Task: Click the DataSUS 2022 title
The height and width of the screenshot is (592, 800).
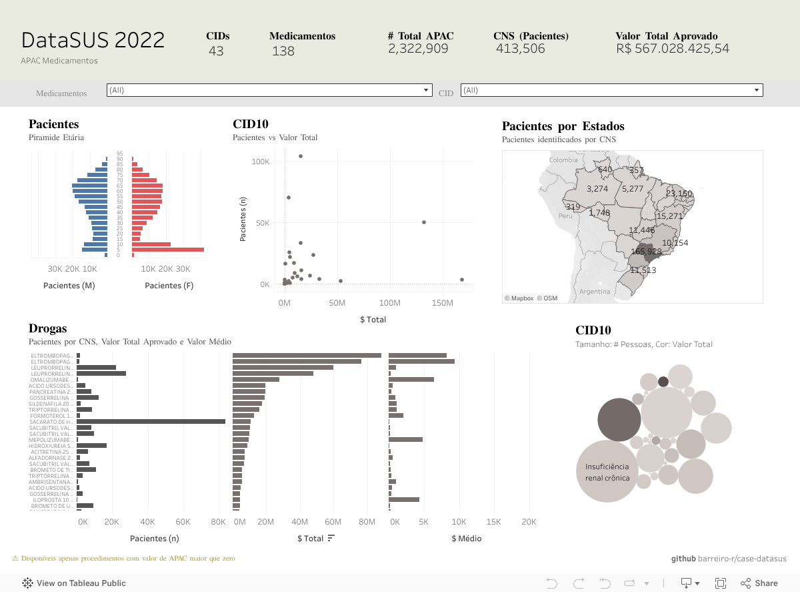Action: click(x=93, y=40)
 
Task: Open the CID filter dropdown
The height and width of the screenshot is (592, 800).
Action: click(x=611, y=90)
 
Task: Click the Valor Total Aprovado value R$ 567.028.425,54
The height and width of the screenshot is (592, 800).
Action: click(x=673, y=49)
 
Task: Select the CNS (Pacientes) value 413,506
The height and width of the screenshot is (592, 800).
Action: click(x=520, y=49)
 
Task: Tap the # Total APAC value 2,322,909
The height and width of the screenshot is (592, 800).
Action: click(x=418, y=49)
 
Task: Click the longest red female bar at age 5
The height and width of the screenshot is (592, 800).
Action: click(x=168, y=250)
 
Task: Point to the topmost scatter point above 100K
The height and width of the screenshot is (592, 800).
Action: click(x=301, y=156)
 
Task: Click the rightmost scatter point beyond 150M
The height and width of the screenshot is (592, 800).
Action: click(x=461, y=280)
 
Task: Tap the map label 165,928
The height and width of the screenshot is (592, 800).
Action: click(x=646, y=252)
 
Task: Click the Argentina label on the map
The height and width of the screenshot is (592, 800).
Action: click(x=595, y=292)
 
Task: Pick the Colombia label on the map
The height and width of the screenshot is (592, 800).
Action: click(x=563, y=160)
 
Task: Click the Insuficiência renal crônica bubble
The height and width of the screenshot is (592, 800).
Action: click(x=607, y=471)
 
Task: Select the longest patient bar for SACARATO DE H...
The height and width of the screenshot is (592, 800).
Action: click(x=151, y=422)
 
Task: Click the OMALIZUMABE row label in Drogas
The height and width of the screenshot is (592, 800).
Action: click(x=52, y=380)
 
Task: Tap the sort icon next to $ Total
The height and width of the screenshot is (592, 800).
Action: click(x=331, y=538)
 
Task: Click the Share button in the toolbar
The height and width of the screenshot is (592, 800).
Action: click(x=759, y=583)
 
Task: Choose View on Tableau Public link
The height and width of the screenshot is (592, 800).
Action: click(x=74, y=583)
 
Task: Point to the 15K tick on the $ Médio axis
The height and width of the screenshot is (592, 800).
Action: click(x=493, y=522)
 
